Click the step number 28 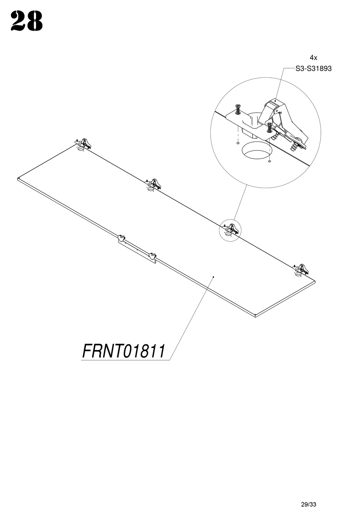click(x=27, y=22)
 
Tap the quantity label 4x click(x=313, y=58)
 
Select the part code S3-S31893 click(x=313, y=69)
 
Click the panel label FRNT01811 click(x=124, y=351)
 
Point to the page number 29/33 click(x=308, y=494)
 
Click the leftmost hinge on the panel click(x=83, y=144)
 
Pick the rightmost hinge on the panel click(x=301, y=269)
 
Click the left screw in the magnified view click(x=238, y=109)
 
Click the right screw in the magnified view click(x=269, y=127)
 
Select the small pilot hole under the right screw click(x=269, y=162)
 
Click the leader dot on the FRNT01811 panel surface click(x=214, y=277)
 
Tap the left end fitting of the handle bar click(x=121, y=238)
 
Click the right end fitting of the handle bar click(x=153, y=256)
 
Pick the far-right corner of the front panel click(x=315, y=281)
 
